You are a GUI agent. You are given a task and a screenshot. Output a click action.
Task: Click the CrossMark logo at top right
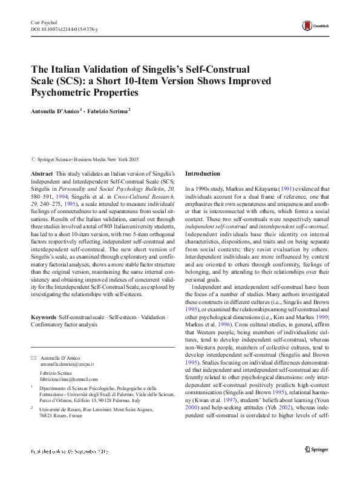[312, 26]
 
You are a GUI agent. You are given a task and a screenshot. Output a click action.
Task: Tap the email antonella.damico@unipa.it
[67, 364]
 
